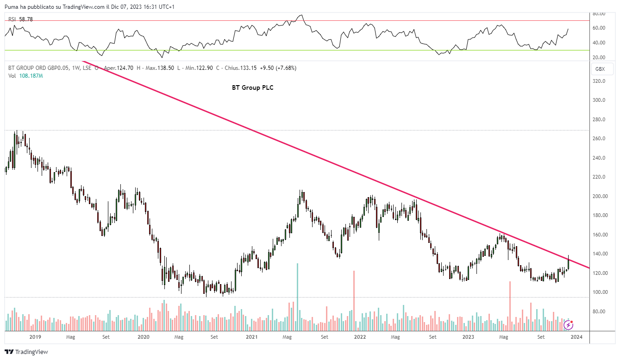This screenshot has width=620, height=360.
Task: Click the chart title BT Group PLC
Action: point(252,87)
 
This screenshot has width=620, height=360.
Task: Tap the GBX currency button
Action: point(600,69)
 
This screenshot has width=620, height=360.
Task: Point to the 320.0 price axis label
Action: point(599,81)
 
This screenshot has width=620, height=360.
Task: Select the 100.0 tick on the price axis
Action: point(599,292)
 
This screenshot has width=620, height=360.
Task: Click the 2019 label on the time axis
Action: point(35,337)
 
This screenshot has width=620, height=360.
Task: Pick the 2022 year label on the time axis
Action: point(360,337)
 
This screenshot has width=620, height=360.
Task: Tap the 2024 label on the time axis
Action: point(576,337)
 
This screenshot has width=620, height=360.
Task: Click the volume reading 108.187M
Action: point(31,76)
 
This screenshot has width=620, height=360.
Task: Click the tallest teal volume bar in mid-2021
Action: point(297,296)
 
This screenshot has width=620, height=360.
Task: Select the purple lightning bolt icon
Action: point(568,325)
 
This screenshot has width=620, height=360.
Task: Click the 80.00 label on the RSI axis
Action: point(599,14)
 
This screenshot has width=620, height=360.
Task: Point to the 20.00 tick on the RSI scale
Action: point(599,57)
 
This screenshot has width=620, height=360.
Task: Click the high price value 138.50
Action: point(166,68)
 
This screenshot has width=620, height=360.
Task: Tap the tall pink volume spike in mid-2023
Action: point(510,305)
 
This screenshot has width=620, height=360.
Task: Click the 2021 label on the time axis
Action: point(252,337)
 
